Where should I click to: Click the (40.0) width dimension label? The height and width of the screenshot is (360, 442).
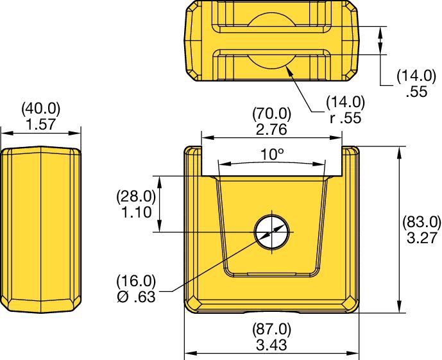click(40, 108)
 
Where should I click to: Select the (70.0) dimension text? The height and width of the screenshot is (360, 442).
click(271, 114)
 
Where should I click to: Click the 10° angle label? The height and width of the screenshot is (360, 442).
click(272, 155)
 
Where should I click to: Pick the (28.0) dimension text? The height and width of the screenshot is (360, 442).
click(136, 197)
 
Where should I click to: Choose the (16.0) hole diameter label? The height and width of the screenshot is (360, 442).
click(136, 281)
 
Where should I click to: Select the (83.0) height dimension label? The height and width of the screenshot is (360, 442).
click(421, 223)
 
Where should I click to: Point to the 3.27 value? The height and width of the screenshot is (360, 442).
click(421, 237)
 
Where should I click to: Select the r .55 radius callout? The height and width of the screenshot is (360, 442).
click(345, 117)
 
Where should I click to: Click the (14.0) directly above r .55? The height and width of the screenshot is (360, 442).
click(345, 103)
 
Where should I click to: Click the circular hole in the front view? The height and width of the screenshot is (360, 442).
click(272, 232)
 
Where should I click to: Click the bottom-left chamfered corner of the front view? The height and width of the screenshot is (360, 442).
click(192, 305)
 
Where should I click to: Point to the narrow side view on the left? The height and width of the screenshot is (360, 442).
click(40, 230)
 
